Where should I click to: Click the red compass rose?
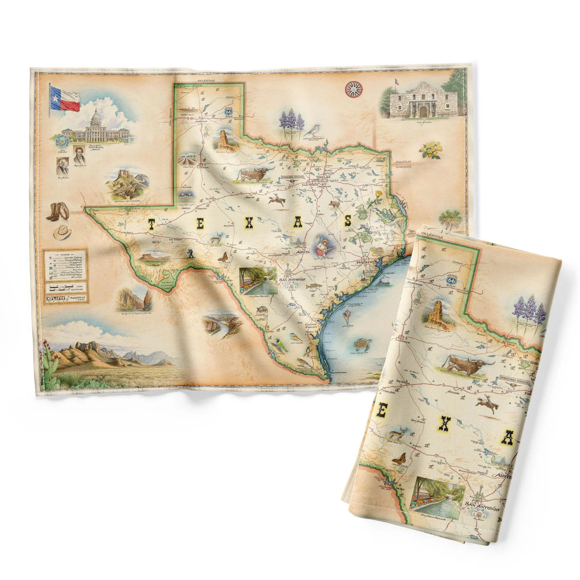pyautogui.click(x=353, y=88)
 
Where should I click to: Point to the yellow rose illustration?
pyautogui.click(x=430, y=150)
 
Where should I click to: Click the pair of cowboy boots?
pyautogui.click(x=59, y=211)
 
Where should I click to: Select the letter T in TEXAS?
pyautogui.click(x=151, y=224)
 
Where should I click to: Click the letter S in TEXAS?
pyautogui.click(x=348, y=221)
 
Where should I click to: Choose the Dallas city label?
pyautogui.click(x=324, y=177)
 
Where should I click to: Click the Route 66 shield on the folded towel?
pyautogui.click(x=451, y=281)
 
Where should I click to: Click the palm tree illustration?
pyautogui.click(x=450, y=219)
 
